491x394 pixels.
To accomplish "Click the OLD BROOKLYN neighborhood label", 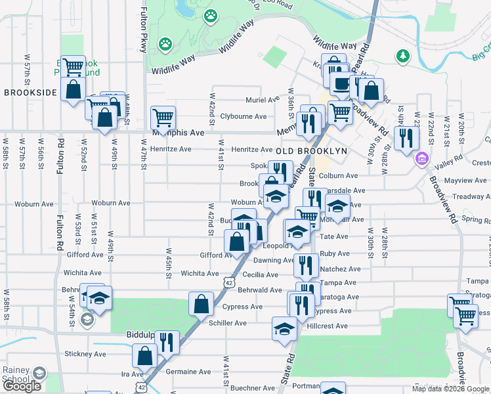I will pos(310,150).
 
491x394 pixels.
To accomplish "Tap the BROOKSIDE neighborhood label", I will pos(30,93).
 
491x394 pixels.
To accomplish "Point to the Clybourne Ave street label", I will pos(243,116).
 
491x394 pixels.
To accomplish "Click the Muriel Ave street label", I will pos(263,100).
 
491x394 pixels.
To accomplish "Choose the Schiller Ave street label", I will pos(227,323).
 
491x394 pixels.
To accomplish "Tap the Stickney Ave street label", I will pos(85,354).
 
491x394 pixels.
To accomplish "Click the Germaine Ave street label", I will pos(188,372).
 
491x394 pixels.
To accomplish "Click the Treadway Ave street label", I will pos(471,196).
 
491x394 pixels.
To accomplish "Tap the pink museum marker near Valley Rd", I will pos(421,158).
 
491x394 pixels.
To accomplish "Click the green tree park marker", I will pos(402,57).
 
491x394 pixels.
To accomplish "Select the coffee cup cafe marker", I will pos(341,83).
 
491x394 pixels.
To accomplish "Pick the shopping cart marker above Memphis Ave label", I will pos(163,118).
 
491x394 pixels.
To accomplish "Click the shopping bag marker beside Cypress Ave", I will pos(201,304).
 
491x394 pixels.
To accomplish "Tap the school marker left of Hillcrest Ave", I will pos(284,328).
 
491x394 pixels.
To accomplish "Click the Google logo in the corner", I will pos(22,386).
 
